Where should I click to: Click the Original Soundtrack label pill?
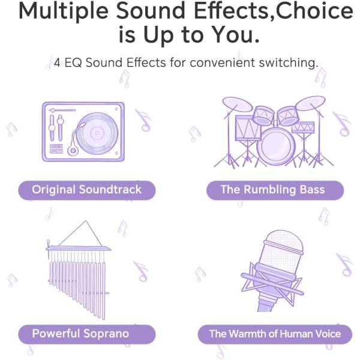click(87, 190)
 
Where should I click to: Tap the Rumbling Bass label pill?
click(275, 190)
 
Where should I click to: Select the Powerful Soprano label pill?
click(87, 334)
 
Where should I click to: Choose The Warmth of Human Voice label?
click(275, 334)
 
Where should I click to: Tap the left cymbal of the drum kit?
click(238, 104)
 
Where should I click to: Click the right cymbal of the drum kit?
click(310, 103)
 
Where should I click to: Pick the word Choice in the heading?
click(314, 11)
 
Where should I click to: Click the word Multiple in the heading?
click(64, 11)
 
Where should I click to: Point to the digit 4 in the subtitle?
click(57, 62)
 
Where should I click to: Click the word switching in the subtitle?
click(289, 63)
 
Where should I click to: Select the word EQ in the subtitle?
click(73, 62)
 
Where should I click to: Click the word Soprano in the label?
click(106, 334)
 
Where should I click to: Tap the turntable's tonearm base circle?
click(73, 151)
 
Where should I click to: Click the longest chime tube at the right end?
click(104, 290)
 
